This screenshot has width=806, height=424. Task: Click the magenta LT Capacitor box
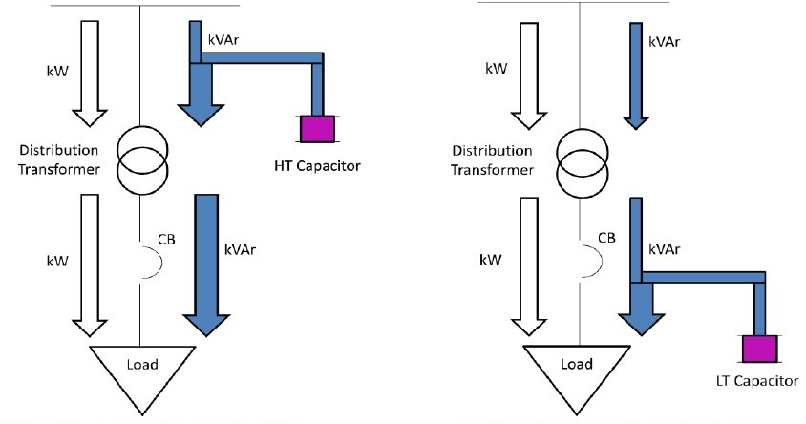click(760, 349)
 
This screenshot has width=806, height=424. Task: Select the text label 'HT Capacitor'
click(316, 168)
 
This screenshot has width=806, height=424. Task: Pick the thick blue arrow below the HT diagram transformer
click(205, 263)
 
